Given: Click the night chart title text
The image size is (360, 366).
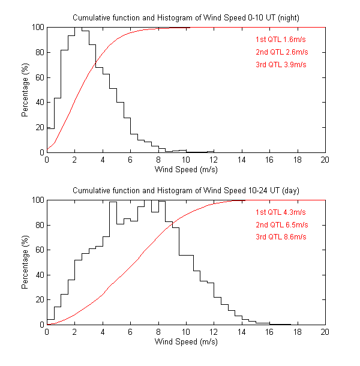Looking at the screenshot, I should click(x=186, y=18).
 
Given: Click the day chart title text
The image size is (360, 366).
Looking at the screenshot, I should click(x=186, y=190).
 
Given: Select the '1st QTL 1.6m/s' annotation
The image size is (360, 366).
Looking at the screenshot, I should click(x=281, y=40).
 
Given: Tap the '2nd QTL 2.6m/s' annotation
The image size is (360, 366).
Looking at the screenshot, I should click(x=281, y=52).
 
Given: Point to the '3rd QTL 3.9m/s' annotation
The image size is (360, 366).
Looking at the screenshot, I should click(x=281, y=65).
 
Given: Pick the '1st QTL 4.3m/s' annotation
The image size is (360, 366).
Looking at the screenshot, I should click(x=281, y=212).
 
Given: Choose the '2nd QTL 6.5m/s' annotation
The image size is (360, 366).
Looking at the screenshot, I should click(x=281, y=224).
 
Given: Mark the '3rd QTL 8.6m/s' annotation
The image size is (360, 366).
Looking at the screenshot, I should click(x=281, y=237).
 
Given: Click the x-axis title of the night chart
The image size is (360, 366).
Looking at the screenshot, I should click(x=186, y=170).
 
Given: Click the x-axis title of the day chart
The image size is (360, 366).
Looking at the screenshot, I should click(x=186, y=342).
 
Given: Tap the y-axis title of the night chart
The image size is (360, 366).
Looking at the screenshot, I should click(x=26, y=90).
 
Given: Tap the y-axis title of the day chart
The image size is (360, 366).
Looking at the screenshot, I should click(x=26, y=262).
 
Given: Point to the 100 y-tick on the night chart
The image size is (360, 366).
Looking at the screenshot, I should click(x=37, y=28).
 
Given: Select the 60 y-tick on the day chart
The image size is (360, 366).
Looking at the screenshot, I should click(x=39, y=250).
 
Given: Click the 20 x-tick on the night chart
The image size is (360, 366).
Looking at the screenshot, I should click(x=325, y=160).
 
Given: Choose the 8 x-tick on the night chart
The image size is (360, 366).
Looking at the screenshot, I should click(x=158, y=160).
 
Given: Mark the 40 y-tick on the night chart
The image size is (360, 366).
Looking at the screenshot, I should click(x=39, y=103).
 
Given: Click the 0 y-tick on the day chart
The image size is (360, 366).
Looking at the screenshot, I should click(x=41, y=325).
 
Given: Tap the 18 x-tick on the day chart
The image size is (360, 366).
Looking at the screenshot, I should click(x=297, y=332).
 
